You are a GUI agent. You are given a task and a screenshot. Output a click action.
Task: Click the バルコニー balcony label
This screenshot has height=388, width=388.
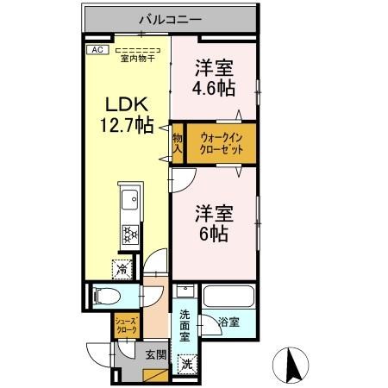coord(170,18)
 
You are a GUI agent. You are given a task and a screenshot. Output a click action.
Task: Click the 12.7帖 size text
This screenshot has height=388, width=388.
coord(126,126)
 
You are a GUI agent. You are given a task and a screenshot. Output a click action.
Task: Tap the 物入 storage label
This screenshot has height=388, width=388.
coord(177,143)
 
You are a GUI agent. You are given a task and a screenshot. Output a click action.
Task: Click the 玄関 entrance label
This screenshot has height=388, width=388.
coord(156,354)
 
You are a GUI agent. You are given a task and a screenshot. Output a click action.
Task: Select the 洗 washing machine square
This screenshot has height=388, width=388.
coord(187,364)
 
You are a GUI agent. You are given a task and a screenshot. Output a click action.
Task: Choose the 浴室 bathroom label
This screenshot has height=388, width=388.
coord(229,323)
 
